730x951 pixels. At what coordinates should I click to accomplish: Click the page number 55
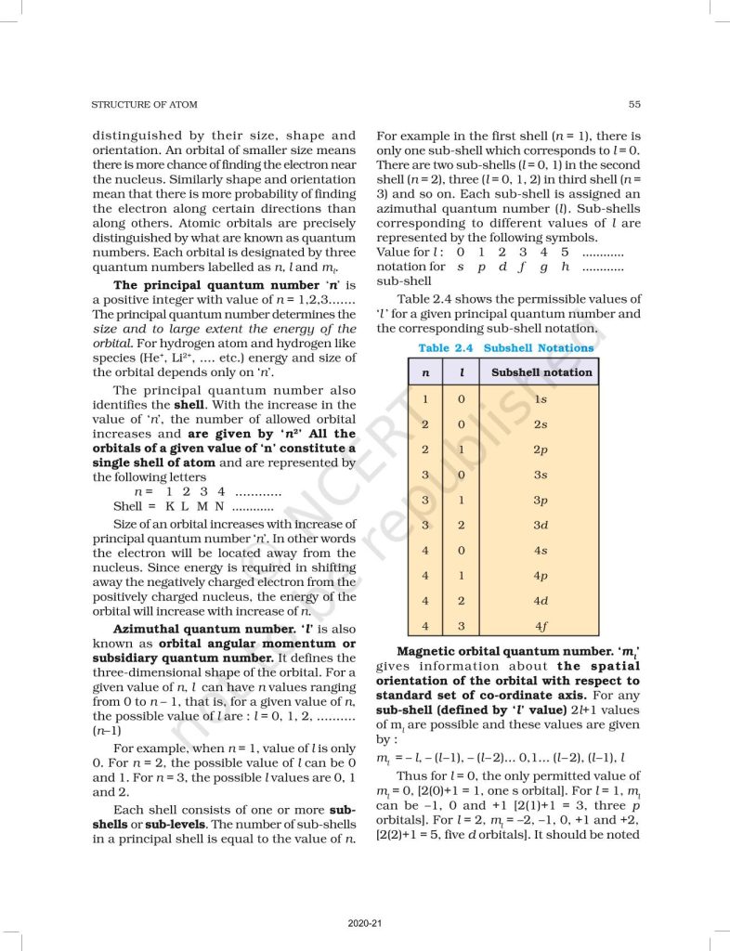(x=633, y=104)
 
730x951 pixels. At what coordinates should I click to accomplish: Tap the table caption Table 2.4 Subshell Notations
(x=505, y=348)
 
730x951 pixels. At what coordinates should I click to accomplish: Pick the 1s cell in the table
(x=541, y=399)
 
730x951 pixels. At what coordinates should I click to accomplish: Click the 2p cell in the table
(x=541, y=449)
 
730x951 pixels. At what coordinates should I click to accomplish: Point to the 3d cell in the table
(x=541, y=526)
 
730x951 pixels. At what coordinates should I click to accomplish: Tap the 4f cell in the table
(x=541, y=626)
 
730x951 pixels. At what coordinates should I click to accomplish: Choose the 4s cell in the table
(x=541, y=551)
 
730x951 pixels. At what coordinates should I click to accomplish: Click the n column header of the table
(x=424, y=372)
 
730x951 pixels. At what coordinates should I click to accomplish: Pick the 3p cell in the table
(x=541, y=501)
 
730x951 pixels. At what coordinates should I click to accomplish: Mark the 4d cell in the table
(x=541, y=601)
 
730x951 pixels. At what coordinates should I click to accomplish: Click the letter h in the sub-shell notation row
(x=564, y=267)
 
